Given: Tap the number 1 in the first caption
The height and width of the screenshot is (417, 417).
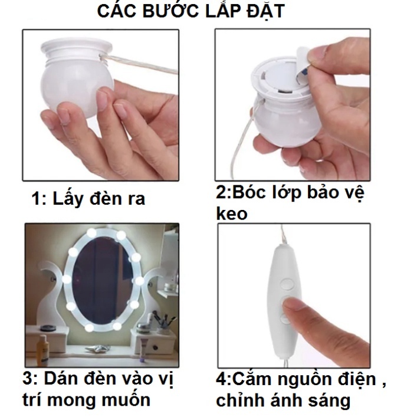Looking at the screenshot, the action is (36, 198).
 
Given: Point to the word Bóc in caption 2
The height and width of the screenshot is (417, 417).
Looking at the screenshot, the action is (249, 192).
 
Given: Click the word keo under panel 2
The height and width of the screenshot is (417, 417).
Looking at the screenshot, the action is (232, 214).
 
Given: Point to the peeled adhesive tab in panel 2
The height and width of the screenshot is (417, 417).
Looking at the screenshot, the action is (303, 64).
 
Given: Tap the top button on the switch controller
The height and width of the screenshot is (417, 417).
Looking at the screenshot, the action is (288, 284).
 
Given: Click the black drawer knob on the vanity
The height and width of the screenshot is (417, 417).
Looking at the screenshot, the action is (155, 347).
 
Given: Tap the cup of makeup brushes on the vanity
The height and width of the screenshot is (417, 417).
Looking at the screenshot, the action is (163, 325).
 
